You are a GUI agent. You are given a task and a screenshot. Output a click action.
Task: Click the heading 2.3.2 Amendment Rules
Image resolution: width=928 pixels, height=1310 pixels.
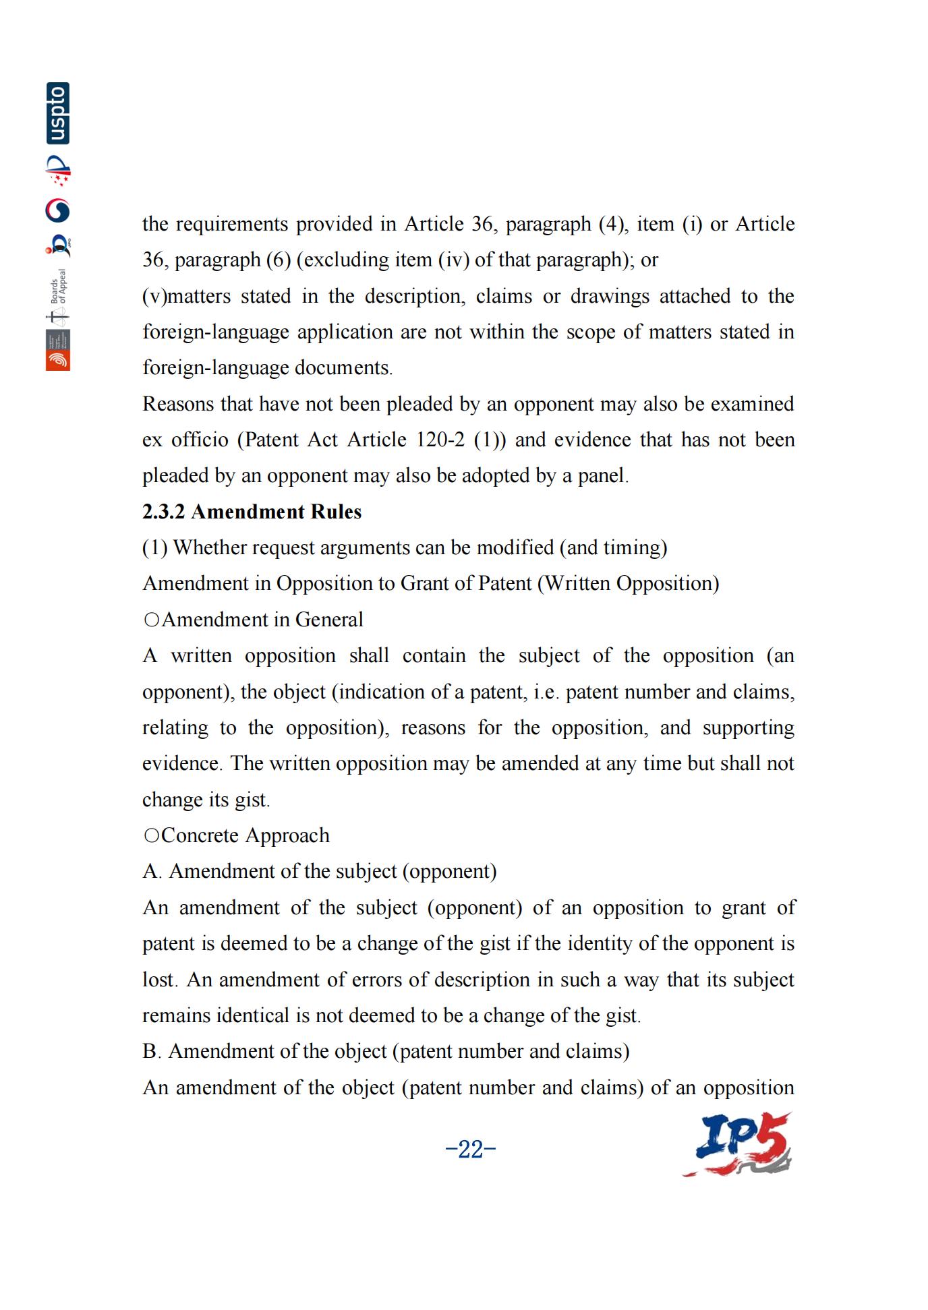point(252,512)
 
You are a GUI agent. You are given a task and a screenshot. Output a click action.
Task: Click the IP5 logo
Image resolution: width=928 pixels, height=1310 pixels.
point(738,1145)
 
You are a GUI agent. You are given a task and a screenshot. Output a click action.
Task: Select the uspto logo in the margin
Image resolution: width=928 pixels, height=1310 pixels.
point(58,113)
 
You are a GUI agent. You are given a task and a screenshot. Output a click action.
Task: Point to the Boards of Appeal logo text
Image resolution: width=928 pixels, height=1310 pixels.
point(58,287)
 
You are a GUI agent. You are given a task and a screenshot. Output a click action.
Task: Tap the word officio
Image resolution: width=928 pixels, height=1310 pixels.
point(200,440)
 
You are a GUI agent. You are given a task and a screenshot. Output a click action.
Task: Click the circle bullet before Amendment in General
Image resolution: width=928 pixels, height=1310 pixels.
point(151,620)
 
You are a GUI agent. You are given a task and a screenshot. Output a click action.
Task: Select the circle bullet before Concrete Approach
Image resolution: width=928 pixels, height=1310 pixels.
point(151,835)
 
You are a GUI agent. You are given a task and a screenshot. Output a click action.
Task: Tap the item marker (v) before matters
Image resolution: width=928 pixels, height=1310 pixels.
point(154,296)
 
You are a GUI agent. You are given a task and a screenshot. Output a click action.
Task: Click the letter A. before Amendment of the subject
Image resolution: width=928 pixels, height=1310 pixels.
point(152,871)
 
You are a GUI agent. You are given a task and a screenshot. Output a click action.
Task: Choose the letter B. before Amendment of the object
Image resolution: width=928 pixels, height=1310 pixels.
point(151,1051)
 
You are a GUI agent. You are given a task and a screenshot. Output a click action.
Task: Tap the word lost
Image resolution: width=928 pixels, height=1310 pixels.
point(159,979)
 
